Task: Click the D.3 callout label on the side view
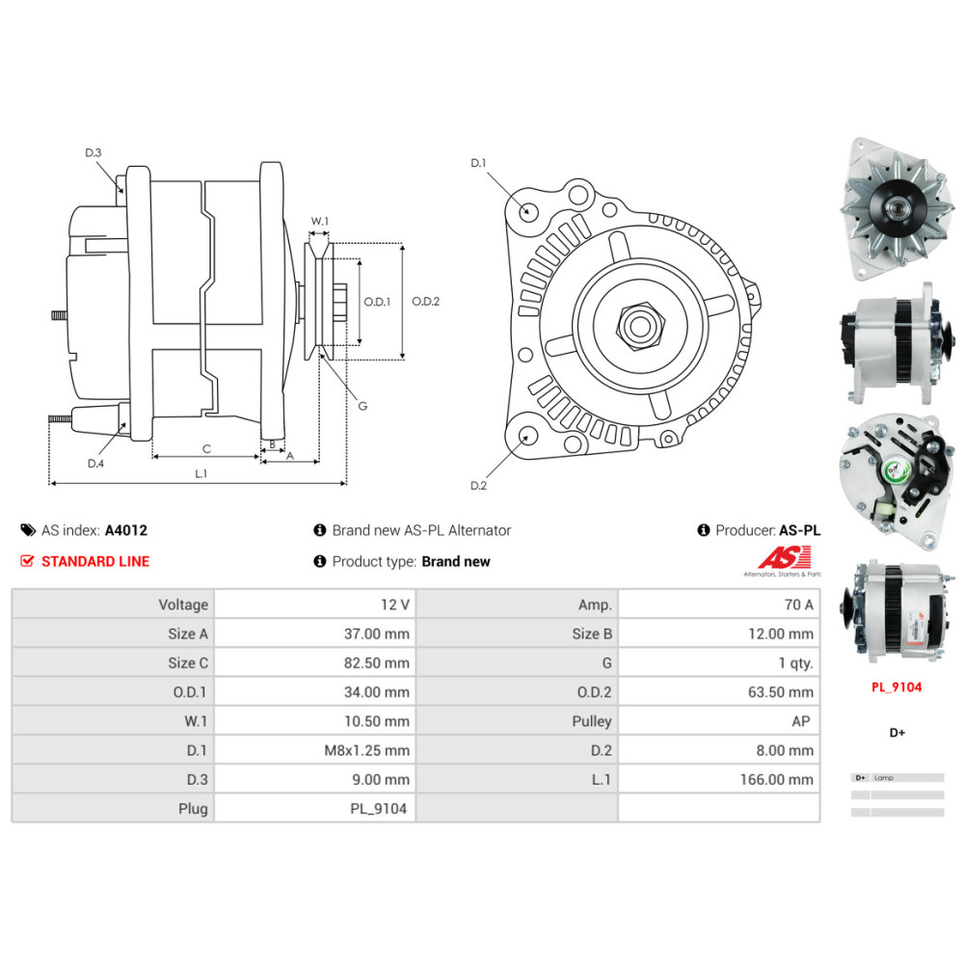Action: (x=94, y=152)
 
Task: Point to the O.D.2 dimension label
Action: (x=425, y=302)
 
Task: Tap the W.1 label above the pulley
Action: (x=319, y=222)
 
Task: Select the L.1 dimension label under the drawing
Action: (x=201, y=473)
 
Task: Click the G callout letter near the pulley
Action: (x=362, y=406)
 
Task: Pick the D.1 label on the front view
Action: (x=478, y=163)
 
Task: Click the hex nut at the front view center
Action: (x=639, y=328)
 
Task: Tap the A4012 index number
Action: (x=125, y=530)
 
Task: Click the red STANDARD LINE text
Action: (x=95, y=561)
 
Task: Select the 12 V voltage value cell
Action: (x=395, y=604)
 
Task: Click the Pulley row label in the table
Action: (x=591, y=721)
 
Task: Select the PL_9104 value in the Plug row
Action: (x=378, y=808)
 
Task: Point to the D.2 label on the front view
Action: (x=478, y=485)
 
